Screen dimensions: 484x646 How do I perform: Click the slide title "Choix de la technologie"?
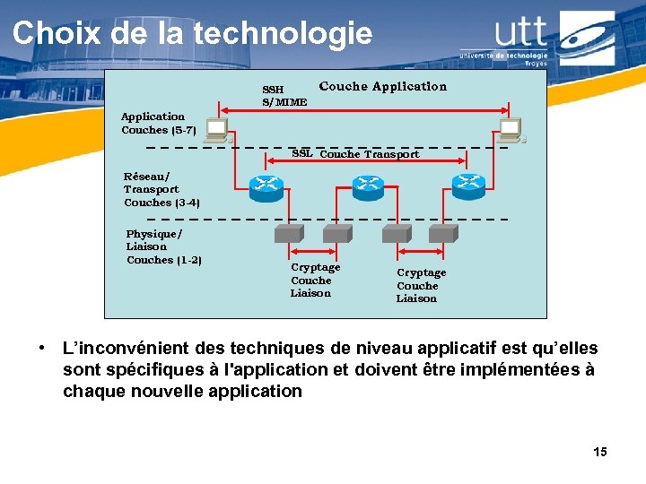192,33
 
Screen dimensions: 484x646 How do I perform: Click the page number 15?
599,452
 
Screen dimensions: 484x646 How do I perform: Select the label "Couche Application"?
382,87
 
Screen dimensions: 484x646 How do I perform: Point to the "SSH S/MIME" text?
284,96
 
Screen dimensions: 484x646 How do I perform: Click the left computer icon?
217,131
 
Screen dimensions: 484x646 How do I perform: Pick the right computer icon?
511,131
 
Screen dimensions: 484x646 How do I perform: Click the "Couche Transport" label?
369,154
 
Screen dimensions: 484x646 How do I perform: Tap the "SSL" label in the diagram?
302,153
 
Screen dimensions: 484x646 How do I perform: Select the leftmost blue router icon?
266,186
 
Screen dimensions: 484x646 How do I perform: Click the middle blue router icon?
368,186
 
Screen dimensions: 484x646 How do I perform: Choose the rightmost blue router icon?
468,186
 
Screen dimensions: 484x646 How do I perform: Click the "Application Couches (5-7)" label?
159,124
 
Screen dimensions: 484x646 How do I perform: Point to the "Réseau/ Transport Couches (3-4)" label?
161,189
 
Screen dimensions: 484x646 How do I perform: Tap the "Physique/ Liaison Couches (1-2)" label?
163,246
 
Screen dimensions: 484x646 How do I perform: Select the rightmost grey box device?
442,233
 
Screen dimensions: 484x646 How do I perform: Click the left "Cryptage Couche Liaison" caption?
315,280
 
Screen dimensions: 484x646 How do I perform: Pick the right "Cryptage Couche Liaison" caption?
421,285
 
